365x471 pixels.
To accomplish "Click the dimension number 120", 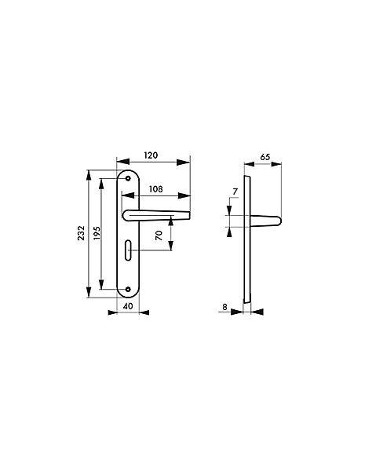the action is pyautogui.click(x=151, y=155).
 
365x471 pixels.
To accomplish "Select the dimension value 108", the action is pyautogui.click(x=156, y=189).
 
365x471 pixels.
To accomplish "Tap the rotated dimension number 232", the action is pyautogui.click(x=81, y=233).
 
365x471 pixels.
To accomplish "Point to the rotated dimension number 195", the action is pyautogui.click(x=97, y=233).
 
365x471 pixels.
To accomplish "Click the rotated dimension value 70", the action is pyautogui.click(x=159, y=235).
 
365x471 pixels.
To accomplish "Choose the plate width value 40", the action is pyautogui.click(x=128, y=306).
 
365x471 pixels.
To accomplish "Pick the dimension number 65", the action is pyautogui.click(x=265, y=157).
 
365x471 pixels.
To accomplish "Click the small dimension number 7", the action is pyautogui.click(x=235, y=192).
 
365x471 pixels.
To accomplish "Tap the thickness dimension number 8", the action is pyautogui.click(x=224, y=307).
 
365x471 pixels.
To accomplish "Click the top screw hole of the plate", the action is pyautogui.click(x=128, y=179).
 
